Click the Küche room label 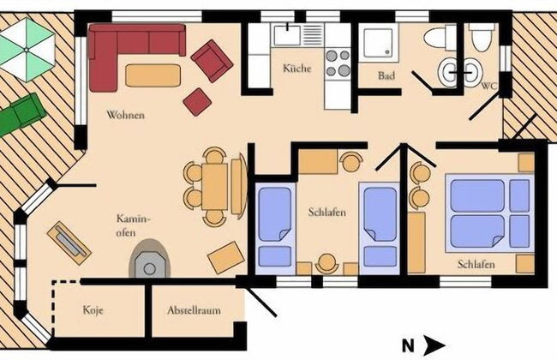pos(297,68)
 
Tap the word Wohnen pos(125,115)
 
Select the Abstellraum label pos(194,310)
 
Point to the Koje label pos(93,310)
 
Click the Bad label pos(386,75)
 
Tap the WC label pos(489,86)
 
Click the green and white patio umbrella pos(27,50)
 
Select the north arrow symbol pos(434,345)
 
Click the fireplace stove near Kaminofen pos(150,259)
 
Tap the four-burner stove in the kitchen pos(338,63)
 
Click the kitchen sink pos(287,35)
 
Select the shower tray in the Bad pos(378,43)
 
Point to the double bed pos(489,213)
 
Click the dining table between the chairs pos(214,186)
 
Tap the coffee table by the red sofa pos(153,75)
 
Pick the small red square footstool pos(197,102)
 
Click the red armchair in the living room pos(212,61)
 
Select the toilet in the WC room pos(482,38)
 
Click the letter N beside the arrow pos(408,345)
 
